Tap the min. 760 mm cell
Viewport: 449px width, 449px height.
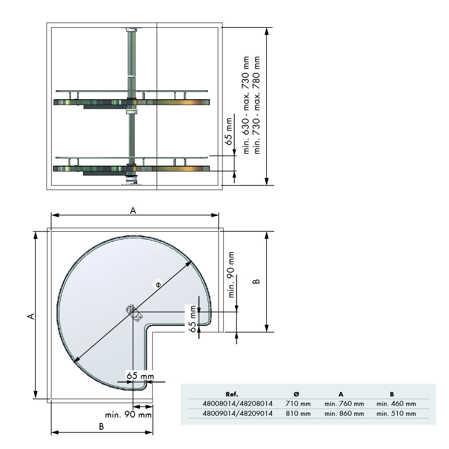pos(344,404)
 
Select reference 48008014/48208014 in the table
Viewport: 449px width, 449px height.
pos(238,404)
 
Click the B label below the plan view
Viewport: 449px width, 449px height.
pos(101,427)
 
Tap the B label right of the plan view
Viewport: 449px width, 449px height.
pos(255,282)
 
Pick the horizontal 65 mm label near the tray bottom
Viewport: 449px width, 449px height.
pos(140,375)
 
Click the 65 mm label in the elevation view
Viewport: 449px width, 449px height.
pos(229,131)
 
